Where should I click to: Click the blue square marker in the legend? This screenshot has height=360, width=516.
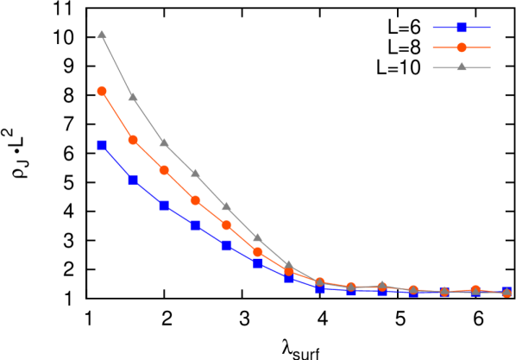[x=462, y=27]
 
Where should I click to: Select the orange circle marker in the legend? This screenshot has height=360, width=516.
[x=462, y=47]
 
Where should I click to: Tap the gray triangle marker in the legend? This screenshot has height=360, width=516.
[x=462, y=67]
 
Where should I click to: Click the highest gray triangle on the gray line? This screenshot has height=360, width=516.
[x=102, y=35]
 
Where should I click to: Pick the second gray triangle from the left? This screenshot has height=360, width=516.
[x=133, y=97]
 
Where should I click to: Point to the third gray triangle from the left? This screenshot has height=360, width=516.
[x=164, y=142]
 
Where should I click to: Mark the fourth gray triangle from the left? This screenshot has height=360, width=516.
[x=195, y=174]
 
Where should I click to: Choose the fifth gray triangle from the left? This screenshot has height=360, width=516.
[x=226, y=206]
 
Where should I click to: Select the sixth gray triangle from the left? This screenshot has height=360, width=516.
[x=257, y=237]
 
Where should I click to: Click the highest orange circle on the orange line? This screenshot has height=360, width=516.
[x=102, y=91]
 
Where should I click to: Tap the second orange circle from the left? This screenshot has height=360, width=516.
[x=133, y=140]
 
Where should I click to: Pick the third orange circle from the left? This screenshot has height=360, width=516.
[x=164, y=170]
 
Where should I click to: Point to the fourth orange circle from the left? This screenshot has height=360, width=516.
[x=196, y=200]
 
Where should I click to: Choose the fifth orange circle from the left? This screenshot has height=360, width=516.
[x=226, y=225]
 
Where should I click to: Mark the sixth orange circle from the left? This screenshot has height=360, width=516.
[x=258, y=252]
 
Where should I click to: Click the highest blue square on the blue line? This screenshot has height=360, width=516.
[x=102, y=145]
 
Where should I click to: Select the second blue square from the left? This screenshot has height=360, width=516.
[x=133, y=180]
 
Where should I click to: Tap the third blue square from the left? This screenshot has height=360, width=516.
[x=164, y=206]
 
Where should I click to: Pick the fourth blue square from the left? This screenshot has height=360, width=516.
[x=196, y=225]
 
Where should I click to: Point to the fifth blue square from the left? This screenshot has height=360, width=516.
[x=226, y=246]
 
